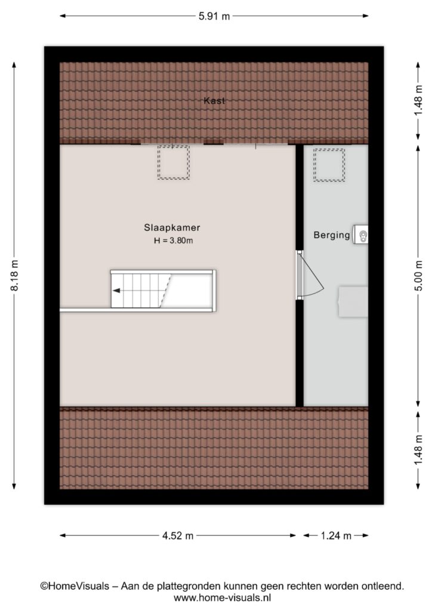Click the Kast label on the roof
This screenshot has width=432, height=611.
coord(214,100)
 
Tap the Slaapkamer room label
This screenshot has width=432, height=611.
coord(172,227)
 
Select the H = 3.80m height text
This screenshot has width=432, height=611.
coord(174,240)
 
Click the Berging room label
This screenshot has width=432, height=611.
coord(332,235)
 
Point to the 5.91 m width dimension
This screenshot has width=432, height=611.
coord(214,16)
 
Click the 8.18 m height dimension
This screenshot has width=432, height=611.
coord(14,275)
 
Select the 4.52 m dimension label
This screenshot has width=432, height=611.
coord(178,536)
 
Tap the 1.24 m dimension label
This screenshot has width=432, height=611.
coord(336,536)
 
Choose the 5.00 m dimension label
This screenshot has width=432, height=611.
coord(418,275)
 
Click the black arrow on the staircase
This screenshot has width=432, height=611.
coord(116,291)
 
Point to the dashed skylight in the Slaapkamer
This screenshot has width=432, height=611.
coord(174,162)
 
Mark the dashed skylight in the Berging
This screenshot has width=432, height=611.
coord(329,165)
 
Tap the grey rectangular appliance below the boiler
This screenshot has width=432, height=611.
coord(353,301)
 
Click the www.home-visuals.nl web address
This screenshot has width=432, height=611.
coord(222,597)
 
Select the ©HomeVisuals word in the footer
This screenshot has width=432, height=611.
coord(75,586)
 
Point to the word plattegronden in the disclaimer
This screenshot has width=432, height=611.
coord(190,586)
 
